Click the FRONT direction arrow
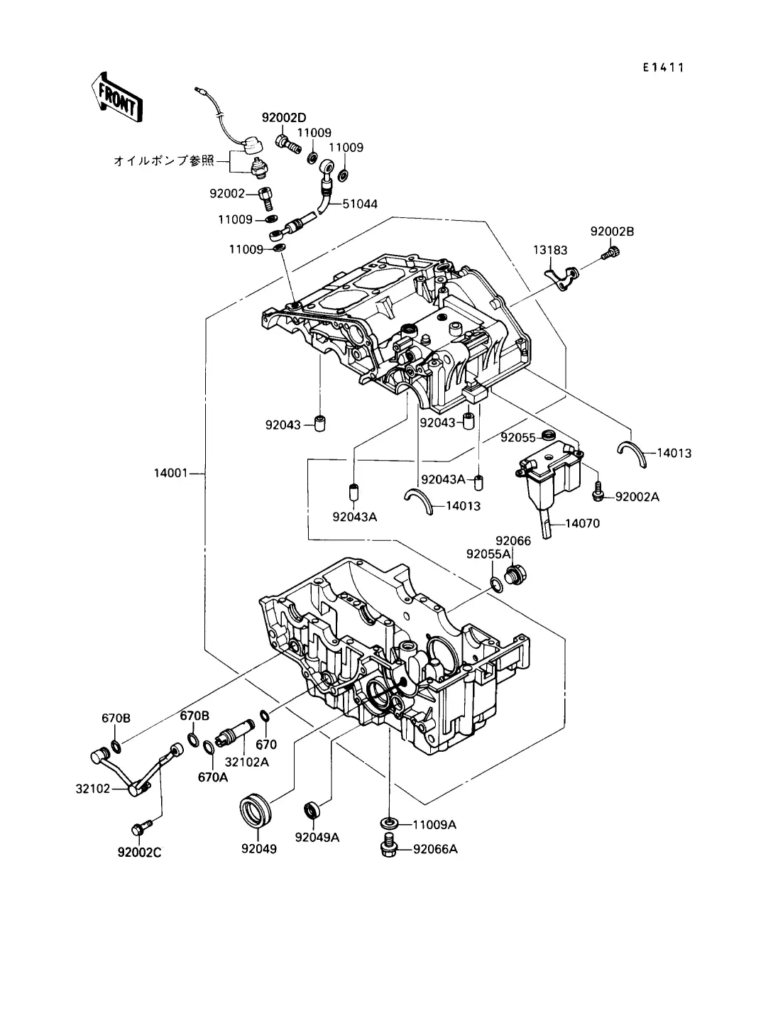coord(117,98)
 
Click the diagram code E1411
coord(664,67)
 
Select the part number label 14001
coord(170,473)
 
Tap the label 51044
coord(360,204)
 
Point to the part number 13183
coord(550,250)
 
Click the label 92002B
coord(612,231)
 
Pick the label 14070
coord(582,523)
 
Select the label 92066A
coord(435,849)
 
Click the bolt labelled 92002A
coord(598,492)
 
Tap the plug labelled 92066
coord(516,574)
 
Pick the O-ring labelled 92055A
coord(497,585)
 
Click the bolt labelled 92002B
coord(611,253)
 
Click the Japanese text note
coord(164,161)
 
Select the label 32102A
coord(246,762)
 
